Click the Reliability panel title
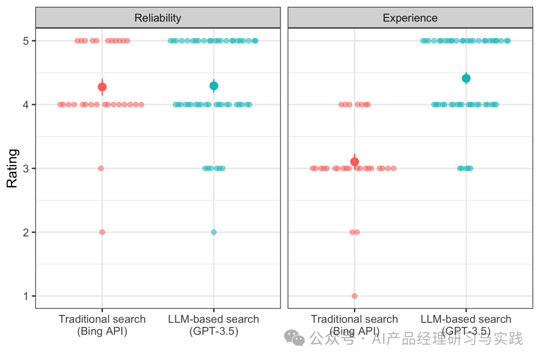(157, 18)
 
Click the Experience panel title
(410, 18)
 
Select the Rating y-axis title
(12, 168)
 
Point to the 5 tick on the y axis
(26, 41)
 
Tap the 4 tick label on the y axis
(26, 104)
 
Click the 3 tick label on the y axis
(26, 168)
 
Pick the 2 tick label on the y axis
(26, 232)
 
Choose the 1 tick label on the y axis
(26, 296)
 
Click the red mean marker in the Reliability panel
(102, 87)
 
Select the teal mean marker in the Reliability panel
(214, 86)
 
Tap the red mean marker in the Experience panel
(354, 161)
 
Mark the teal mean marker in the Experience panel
(466, 78)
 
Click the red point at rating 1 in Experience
(354, 296)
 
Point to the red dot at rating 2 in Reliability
(102, 232)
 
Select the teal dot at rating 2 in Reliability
(214, 232)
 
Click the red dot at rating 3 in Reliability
(100, 168)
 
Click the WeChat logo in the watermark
(294, 338)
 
